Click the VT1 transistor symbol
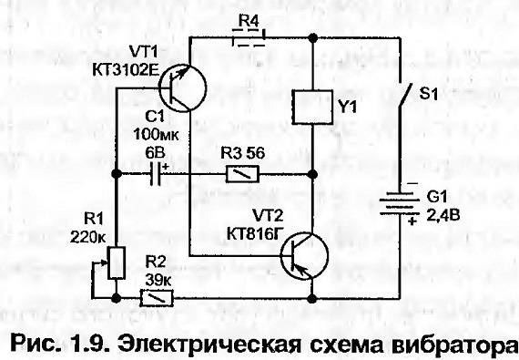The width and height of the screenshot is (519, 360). point(182,88)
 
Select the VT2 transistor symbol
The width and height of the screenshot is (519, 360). point(304,256)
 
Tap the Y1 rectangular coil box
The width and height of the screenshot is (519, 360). point(312,107)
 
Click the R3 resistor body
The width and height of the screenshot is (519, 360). point(242,174)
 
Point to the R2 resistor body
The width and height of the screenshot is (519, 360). point(157,298)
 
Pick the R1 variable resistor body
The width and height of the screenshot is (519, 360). point(117,262)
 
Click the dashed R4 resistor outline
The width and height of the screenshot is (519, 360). point(249,37)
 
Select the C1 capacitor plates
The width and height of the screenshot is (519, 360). point(156,174)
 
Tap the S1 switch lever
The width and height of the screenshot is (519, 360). point(404,95)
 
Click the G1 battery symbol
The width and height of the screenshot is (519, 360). point(396,203)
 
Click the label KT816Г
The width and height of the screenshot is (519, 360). point(255,233)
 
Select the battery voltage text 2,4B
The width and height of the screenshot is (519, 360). point(443,216)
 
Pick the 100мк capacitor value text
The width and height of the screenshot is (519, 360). point(156,135)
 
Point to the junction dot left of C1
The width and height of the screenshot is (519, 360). point(117,173)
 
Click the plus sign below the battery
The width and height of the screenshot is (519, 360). point(412,221)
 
